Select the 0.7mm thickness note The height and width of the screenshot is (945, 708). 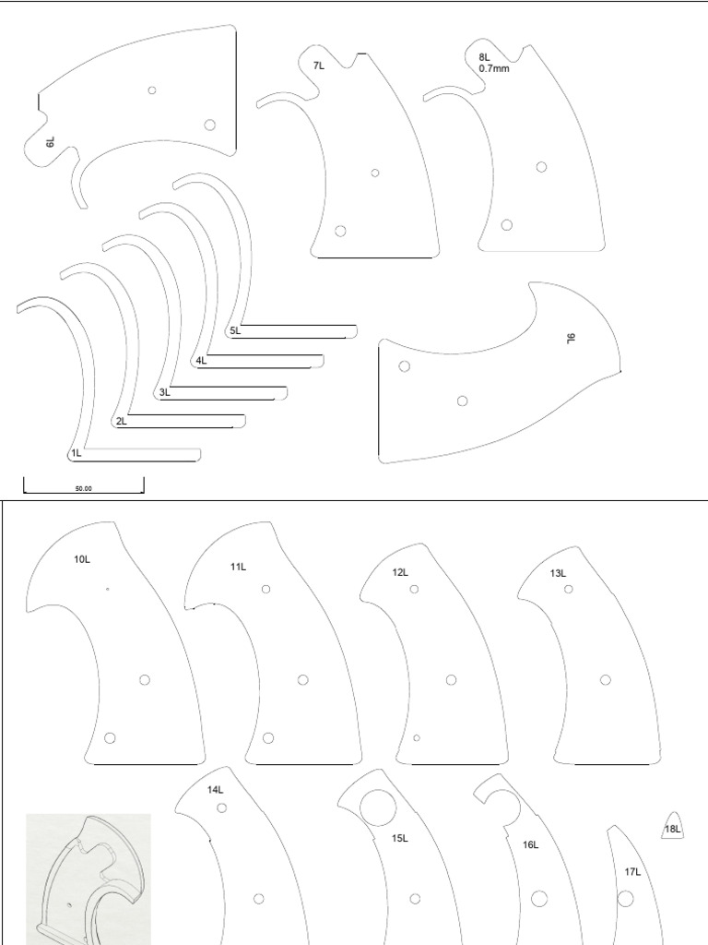494,68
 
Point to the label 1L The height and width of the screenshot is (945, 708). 76,453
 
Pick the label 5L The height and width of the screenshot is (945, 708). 235,330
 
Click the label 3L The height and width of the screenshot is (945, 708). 164,392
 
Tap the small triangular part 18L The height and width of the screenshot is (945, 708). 672,829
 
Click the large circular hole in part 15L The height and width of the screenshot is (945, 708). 378,807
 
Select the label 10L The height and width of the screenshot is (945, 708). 82,559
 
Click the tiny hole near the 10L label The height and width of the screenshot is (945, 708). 108,588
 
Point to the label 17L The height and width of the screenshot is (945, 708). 632,870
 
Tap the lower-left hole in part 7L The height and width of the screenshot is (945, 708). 341,231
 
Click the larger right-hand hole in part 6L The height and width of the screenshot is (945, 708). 210,125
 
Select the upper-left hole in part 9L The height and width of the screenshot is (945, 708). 404,366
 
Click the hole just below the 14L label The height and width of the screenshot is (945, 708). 222,807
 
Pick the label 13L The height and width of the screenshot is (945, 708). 558,573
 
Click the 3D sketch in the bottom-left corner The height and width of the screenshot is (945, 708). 88,877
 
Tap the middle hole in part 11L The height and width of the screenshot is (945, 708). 302,680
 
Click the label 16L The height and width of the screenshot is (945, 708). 531,843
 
